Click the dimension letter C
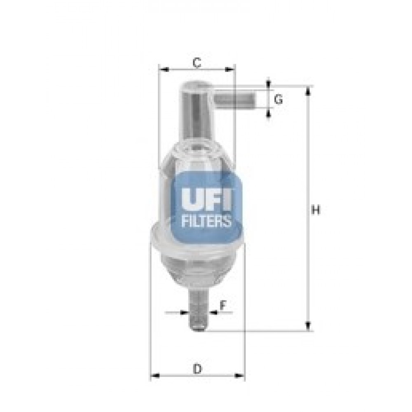[197, 63]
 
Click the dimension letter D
[197, 369]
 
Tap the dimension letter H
[316, 210]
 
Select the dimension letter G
[278, 99]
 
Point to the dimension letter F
[223, 306]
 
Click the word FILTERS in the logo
[206, 221]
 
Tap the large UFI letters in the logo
[206, 199]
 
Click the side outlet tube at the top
[235, 98]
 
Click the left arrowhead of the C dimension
[164, 70]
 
